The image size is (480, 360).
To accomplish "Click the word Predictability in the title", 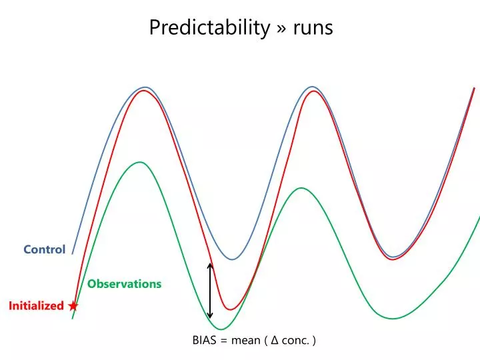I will pyautogui.click(x=209, y=28).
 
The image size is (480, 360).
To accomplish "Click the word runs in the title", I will pyautogui.click(x=311, y=29).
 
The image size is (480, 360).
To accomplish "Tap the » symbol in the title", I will pyautogui.click(x=281, y=29).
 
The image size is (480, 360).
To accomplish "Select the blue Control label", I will pyautogui.click(x=45, y=249).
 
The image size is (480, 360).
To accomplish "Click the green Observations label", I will pyautogui.click(x=125, y=284).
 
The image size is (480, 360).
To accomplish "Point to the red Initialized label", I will pyautogui.click(x=36, y=306).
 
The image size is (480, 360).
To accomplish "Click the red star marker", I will pyautogui.click(x=73, y=305).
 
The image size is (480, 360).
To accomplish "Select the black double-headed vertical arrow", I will pyautogui.click(x=210, y=291).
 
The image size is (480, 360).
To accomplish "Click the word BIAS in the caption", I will pyautogui.click(x=205, y=341).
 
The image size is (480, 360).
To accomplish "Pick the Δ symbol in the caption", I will pyautogui.click(x=275, y=341).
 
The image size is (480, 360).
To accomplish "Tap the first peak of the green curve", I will pyautogui.click(x=139, y=162).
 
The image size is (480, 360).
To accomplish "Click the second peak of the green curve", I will pyautogui.click(x=301, y=188).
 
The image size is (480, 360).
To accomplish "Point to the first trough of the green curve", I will pyautogui.click(x=222, y=329).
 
